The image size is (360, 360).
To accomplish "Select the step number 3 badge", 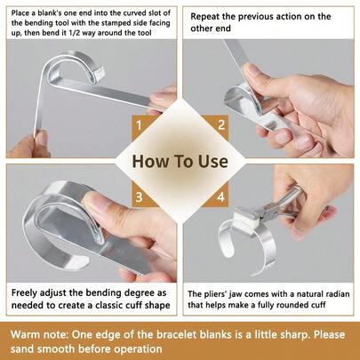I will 139,197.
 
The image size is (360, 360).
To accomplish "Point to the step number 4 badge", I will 220,197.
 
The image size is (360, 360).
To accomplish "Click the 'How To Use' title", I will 180,162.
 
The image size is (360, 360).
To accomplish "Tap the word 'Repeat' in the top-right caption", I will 210,16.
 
